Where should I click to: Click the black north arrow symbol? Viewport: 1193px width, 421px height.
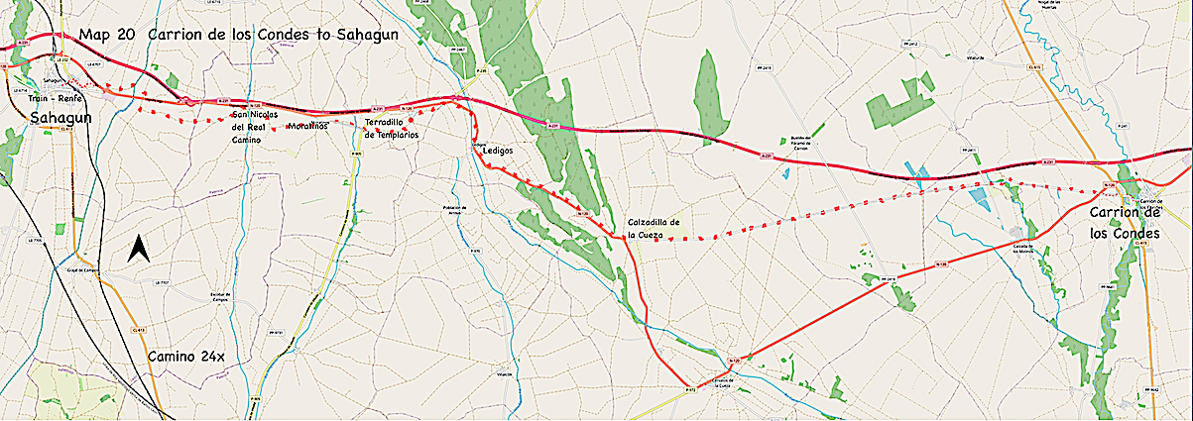click(x=140, y=250)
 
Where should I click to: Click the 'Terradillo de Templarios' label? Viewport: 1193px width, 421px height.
click(x=392, y=128)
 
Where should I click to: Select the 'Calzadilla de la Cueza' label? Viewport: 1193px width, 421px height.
click(x=654, y=228)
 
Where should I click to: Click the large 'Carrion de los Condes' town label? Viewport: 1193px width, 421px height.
click(x=1125, y=223)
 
